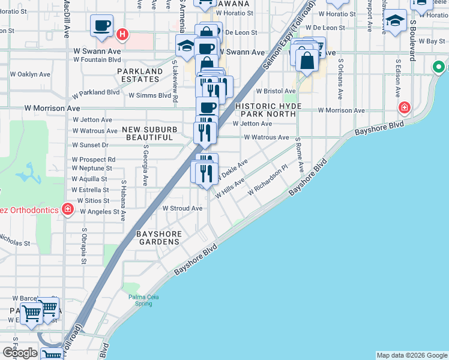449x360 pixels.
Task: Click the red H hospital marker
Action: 123,34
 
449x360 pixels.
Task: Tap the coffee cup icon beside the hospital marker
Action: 101,25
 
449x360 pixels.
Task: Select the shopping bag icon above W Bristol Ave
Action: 307,61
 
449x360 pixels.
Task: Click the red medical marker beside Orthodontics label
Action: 68,209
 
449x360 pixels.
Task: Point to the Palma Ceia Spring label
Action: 139,299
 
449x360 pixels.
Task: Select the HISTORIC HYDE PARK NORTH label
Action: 267,110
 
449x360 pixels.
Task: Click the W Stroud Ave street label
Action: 182,208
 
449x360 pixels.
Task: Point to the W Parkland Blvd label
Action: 95,94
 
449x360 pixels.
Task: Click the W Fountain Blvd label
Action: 97,59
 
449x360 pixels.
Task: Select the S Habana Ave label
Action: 123,201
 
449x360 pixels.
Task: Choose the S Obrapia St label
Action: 83,247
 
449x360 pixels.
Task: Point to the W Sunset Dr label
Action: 90,145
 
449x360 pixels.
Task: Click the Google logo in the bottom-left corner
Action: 20,353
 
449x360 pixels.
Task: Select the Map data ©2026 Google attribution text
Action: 411,355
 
